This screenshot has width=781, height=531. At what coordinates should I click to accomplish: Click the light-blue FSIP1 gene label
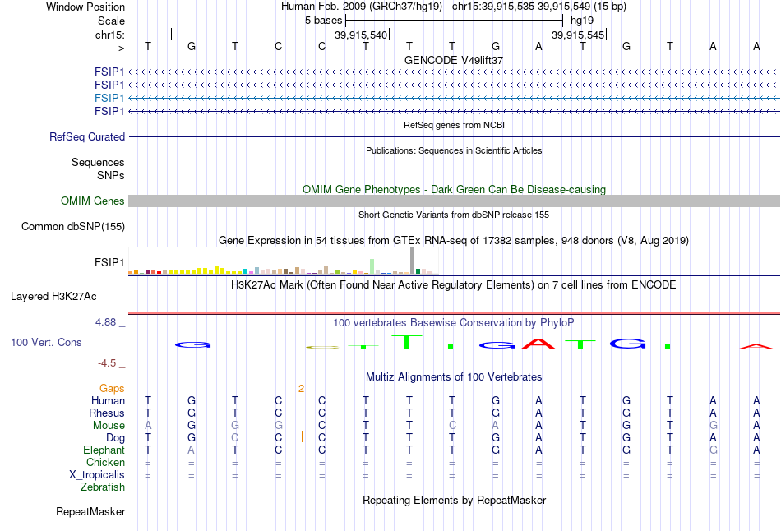pyautogui.click(x=109, y=98)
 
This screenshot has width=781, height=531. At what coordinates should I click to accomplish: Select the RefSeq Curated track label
pyautogui.click(x=87, y=137)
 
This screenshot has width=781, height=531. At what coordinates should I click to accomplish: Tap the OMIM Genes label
pyautogui.click(x=93, y=201)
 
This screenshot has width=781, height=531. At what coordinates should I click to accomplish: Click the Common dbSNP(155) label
pyautogui.click(x=73, y=227)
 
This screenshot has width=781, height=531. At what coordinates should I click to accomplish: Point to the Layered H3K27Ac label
pyautogui.click(x=53, y=297)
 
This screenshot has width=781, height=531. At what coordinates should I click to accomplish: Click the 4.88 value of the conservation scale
pyautogui.click(x=105, y=322)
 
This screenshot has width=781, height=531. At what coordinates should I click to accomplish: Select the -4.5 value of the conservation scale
pyautogui.click(x=107, y=363)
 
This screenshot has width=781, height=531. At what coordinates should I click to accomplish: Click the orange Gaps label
pyautogui.click(x=112, y=389)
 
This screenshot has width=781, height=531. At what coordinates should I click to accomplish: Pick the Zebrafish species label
pyautogui.click(x=103, y=487)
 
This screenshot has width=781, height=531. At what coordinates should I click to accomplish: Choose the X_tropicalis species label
pyautogui.click(x=97, y=475)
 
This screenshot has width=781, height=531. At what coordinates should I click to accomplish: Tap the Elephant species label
pyautogui.click(x=104, y=450)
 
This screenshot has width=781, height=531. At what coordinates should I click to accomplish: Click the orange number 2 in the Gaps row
pyautogui.click(x=302, y=389)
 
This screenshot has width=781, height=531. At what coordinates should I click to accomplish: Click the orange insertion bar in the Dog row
pyautogui.click(x=302, y=436)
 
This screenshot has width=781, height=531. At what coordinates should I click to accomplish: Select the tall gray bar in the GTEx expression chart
pyautogui.click(x=413, y=260)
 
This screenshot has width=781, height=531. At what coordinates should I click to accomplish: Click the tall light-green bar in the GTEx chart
pyautogui.click(x=372, y=266)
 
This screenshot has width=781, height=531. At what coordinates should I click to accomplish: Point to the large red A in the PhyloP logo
pyautogui.click(x=538, y=344)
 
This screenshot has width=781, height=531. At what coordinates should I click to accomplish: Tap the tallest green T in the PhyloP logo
pyautogui.click(x=407, y=342)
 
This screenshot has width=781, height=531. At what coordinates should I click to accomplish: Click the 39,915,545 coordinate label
pyautogui.click(x=578, y=35)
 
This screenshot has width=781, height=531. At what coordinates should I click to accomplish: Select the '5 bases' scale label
pyautogui.click(x=324, y=21)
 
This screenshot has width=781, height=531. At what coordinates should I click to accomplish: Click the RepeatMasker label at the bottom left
pyautogui.click(x=90, y=512)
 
